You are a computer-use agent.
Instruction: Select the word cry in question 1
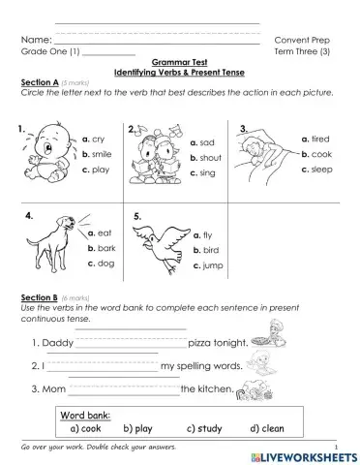(99, 139)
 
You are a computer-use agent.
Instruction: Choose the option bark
(105, 247)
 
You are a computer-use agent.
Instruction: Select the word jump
(213, 264)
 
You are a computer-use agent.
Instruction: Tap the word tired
(321, 139)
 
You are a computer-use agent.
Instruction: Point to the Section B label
(39, 296)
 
